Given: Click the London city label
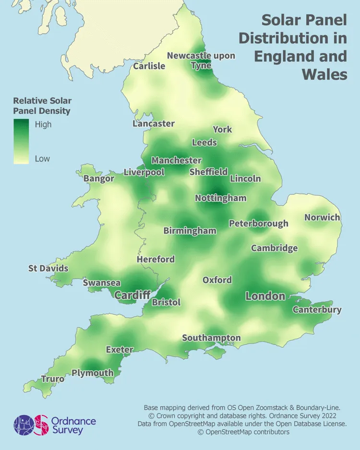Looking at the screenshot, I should point(265,296).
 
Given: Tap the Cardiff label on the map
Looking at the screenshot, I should point(132,295).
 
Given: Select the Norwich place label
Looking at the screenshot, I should point(322,217).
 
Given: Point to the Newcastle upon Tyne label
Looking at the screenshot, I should point(201,60).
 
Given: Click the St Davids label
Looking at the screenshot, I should point(48,268).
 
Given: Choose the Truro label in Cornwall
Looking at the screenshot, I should point(52,379).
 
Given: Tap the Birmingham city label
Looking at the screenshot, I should point(190,231).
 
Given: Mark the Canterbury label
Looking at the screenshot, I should point(317,309).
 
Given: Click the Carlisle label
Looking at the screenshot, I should point(149,66).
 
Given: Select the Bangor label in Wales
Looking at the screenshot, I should point(99,179).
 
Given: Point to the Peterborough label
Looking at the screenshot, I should point(258,223).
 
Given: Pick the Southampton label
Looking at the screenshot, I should point(211,338).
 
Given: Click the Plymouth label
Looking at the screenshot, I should point(93,373).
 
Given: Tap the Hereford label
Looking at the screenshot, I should point(156,259).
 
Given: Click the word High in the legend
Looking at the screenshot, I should point(43,124).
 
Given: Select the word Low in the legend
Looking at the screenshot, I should point(42,158).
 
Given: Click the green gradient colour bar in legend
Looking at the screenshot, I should point(21,142).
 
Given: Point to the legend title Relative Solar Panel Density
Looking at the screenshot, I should point(42,106).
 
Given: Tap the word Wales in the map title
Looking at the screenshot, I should point(324,74).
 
